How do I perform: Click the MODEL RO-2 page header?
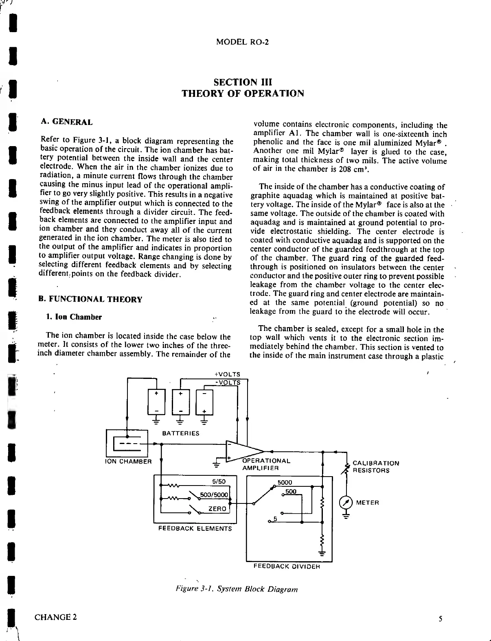(x=243, y=42)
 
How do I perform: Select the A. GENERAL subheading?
(x=67, y=122)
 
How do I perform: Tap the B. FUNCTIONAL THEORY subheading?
(x=90, y=300)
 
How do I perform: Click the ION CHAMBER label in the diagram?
(x=128, y=462)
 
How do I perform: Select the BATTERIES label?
(x=181, y=433)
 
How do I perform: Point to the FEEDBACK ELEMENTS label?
(x=195, y=528)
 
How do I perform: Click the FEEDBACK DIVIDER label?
(x=287, y=566)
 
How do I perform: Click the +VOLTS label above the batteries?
(x=227, y=374)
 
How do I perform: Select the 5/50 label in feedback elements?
(x=219, y=481)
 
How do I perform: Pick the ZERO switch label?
(x=218, y=509)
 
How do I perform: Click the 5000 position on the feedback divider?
(x=285, y=483)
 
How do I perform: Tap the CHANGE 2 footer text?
(x=55, y=617)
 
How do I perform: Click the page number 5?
(x=441, y=619)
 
